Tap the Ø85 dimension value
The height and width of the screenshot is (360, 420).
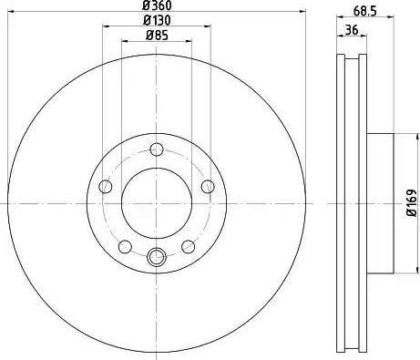pos(157,37)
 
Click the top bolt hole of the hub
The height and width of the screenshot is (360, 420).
pos(157,149)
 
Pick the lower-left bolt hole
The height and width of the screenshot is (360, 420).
pos(126,246)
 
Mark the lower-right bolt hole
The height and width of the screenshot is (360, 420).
pos(189,246)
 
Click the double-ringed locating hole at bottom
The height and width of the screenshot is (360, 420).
pos(157,258)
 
